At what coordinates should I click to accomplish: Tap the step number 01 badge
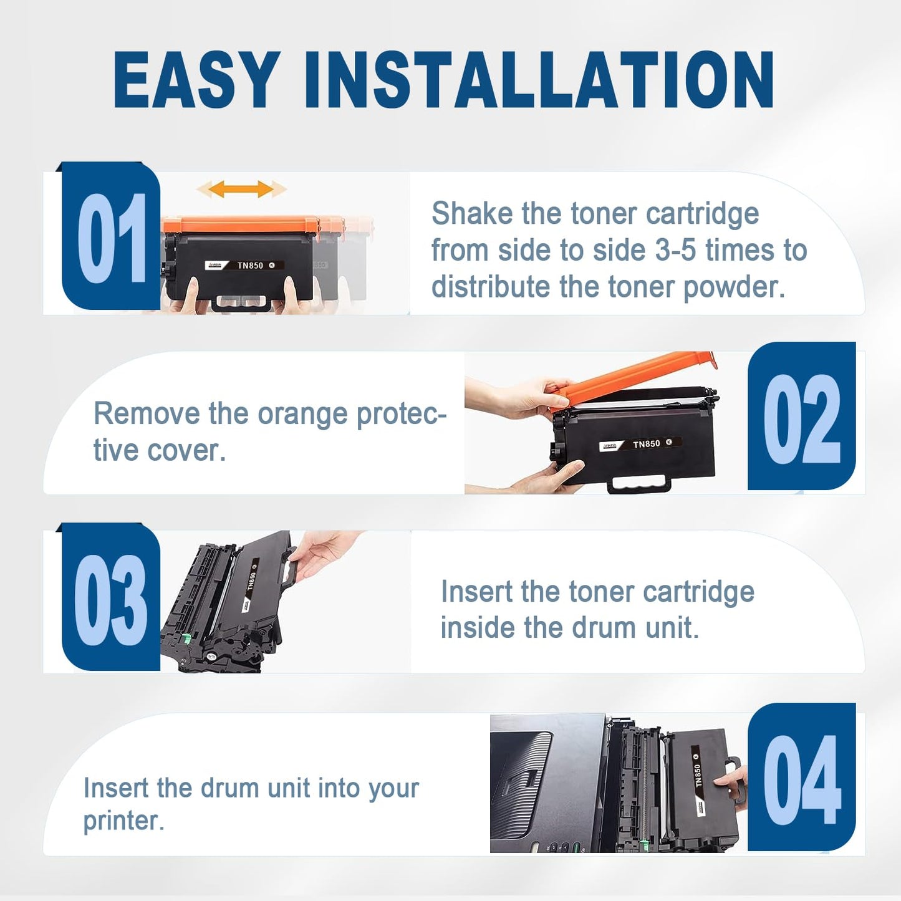point(111,235)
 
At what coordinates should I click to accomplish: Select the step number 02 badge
point(801,416)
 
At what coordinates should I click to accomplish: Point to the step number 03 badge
point(111,597)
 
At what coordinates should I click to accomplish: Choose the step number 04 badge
point(801,777)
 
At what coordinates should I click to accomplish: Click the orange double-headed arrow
point(241,189)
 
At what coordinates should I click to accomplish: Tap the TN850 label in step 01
point(250,265)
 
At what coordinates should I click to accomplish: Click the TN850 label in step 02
point(647,444)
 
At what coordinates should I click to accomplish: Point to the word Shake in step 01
point(472,214)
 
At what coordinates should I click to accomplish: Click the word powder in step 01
point(734,287)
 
